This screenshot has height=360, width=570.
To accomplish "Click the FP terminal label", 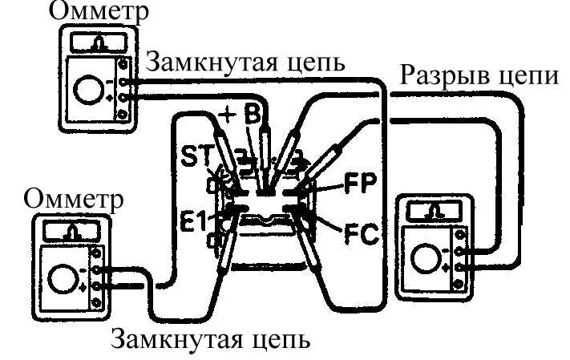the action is tap(361, 184).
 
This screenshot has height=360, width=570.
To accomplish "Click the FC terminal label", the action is tap(362, 234).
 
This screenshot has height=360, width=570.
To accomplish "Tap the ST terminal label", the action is tap(196, 156).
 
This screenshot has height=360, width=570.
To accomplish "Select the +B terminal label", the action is tap(241, 114).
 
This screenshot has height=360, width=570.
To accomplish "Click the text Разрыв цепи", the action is tap(479, 76).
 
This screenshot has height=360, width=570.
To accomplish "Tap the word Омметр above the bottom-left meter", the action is tap(74, 200).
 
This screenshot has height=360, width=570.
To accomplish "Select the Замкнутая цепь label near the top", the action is tap(245, 63).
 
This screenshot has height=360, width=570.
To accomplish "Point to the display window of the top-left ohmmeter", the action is tap(98, 43).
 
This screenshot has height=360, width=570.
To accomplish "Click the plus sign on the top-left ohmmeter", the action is tap(109, 98).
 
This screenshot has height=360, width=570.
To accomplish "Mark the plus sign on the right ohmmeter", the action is tap(446, 269).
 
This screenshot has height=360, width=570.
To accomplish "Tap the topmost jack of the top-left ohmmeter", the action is tap(123, 65).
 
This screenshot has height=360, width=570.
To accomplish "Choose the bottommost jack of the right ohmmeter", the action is tap(459, 284).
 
